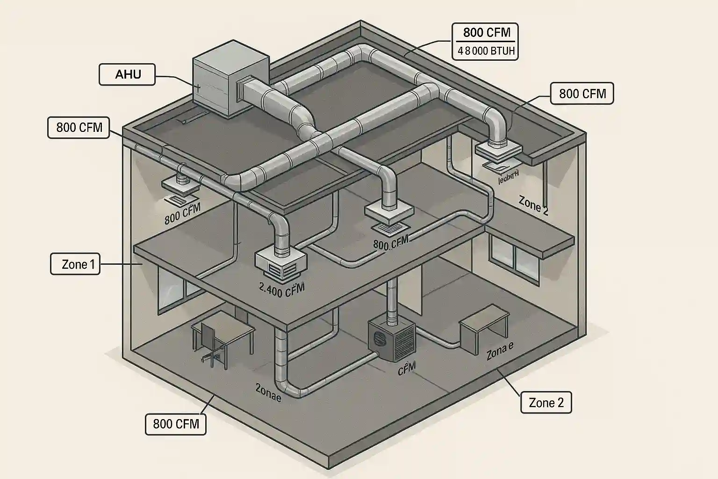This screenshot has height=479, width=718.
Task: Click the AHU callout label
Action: tap(127, 74)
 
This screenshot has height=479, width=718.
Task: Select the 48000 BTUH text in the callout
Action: tap(486, 51)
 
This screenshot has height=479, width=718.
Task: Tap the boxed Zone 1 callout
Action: tap(75, 264)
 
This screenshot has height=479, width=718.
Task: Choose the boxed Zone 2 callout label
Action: tap(546, 402)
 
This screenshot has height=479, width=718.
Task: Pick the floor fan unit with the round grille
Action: tap(391, 340)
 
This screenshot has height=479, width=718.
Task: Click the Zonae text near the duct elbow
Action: tap(268, 392)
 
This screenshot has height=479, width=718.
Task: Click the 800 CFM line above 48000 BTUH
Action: tap(486, 33)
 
